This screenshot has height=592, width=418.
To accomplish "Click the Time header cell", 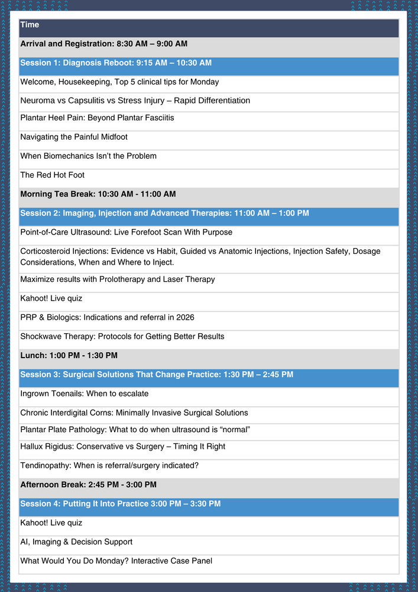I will (x=30, y=25).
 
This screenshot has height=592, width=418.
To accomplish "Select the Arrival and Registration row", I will (x=103, y=44).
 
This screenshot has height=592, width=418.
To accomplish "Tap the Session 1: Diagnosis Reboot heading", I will (x=116, y=63).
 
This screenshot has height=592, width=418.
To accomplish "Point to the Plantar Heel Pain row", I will (x=97, y=118).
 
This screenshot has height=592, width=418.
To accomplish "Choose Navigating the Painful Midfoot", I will (x=74, y=137).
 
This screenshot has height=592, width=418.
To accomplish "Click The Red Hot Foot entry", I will (x=53, y=175).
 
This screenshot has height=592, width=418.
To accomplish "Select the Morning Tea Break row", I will (x=98, y=194).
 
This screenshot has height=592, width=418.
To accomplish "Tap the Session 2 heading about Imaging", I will (x=164, y=213).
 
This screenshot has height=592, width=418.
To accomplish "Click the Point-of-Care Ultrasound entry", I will (x=126, y=232).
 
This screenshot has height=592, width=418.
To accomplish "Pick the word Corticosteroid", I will (x=47, y=251).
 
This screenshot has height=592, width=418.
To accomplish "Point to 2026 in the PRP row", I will (x=184, y=317).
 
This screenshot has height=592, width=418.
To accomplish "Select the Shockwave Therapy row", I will (x=122, y=336).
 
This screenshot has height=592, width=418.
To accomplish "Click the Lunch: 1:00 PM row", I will (x=69, y=355).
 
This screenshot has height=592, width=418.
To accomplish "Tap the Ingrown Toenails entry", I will (x=85, y=393).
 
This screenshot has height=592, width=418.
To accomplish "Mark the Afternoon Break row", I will (x=88, y=484).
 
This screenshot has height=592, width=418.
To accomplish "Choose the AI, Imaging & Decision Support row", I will (x=76, y=542).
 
